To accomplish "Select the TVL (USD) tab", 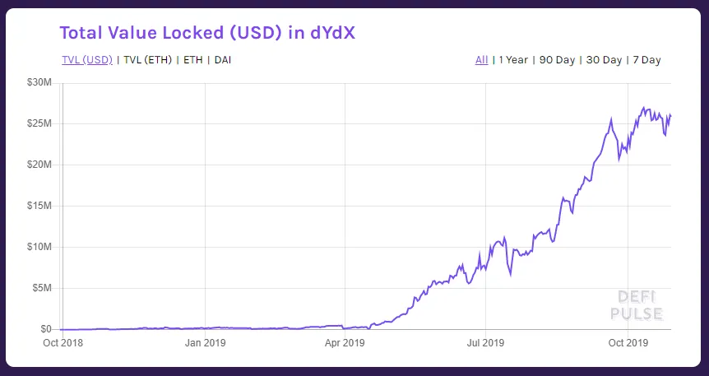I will [87, 60].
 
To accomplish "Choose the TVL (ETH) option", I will [148, 60].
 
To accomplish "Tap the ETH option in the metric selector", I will [192, 60].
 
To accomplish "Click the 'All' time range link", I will [481, 60].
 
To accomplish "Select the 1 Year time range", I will [512, 60].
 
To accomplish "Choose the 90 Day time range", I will [557, 60].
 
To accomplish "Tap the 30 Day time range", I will [604, 60].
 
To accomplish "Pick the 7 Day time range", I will [646, 60].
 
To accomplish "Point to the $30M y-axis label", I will [39, 83].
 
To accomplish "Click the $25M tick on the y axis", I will [39, 124].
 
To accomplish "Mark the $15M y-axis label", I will [39, 206].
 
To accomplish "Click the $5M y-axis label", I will [41, 288].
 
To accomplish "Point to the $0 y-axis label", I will [46, 329].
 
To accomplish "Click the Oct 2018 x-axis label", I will [63, 343].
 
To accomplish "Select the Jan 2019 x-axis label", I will [204, 343].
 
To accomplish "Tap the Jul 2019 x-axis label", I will [485, 343].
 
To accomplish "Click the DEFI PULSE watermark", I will [636, 305].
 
